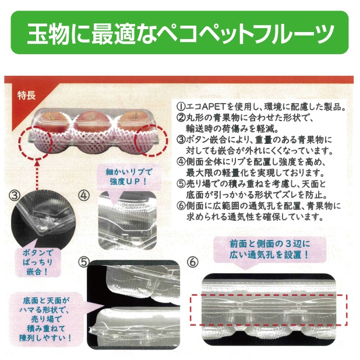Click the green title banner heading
click(180, 33)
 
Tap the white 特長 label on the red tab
click(26, 95)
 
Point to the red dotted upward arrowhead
click(37, 163)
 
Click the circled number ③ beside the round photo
click(14, 195)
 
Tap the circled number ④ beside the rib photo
click(83, 196)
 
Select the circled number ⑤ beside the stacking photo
click(83, 262)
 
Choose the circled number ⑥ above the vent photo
click(193, 262)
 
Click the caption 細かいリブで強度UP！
click(129, 177)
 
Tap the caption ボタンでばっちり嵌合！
click(38, 262)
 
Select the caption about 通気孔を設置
click(270, 249)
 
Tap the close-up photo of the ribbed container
click(128, 221)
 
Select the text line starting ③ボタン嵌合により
click(254, 140)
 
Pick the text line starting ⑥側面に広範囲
click(259, 206)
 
